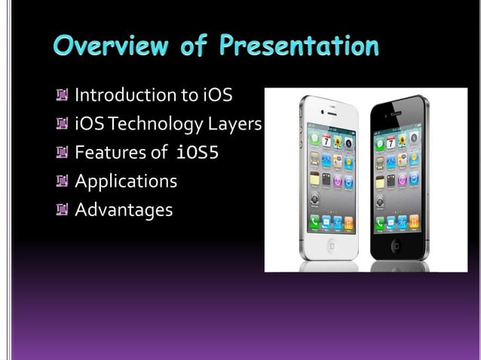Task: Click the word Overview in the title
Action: (106, 47)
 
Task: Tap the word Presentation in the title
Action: (299, 47)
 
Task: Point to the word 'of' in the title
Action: (192, 47)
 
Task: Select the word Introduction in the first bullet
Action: (125, 95)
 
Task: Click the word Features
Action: (110, 153)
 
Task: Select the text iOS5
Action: (197, 153)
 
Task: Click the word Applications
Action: (126, 182)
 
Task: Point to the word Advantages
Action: (124, 210)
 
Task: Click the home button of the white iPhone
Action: (331, 246)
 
